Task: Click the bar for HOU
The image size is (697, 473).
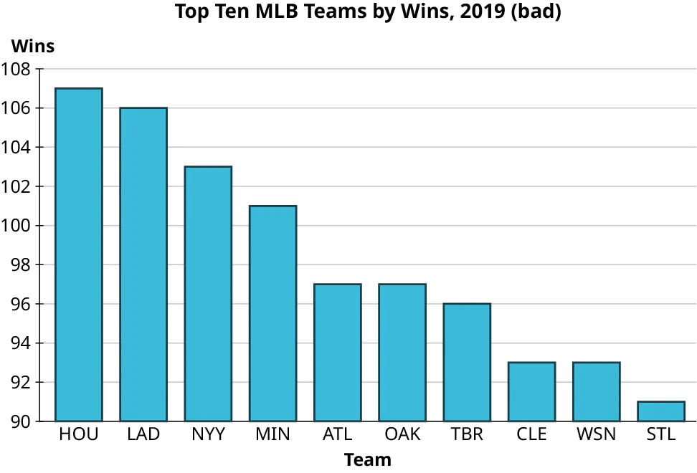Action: point(79,254)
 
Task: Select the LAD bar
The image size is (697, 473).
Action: point(143,264)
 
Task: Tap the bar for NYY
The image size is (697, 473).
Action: point(208,294)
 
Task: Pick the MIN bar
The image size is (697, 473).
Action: point(272,313)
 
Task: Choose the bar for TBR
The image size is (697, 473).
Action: point(467,362)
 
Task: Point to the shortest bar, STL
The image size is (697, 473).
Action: point(661,411)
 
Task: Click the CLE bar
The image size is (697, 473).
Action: point(531,391)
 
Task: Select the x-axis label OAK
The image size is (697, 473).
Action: point(402,434)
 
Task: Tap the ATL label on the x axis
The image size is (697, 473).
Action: point(337,434)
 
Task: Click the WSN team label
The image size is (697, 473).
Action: point(596,434)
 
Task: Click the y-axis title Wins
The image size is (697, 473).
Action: point(33,46)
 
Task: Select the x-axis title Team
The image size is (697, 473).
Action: point(368,459)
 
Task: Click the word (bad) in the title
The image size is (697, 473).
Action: point(536,12)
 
